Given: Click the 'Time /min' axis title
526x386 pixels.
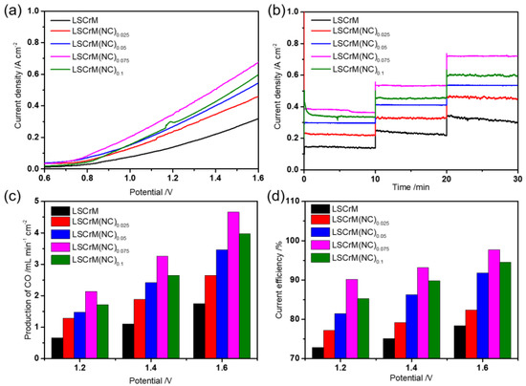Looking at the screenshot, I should click(x=410, y=190).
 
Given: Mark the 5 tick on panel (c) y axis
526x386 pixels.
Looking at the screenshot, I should click(x=33, y=203).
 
